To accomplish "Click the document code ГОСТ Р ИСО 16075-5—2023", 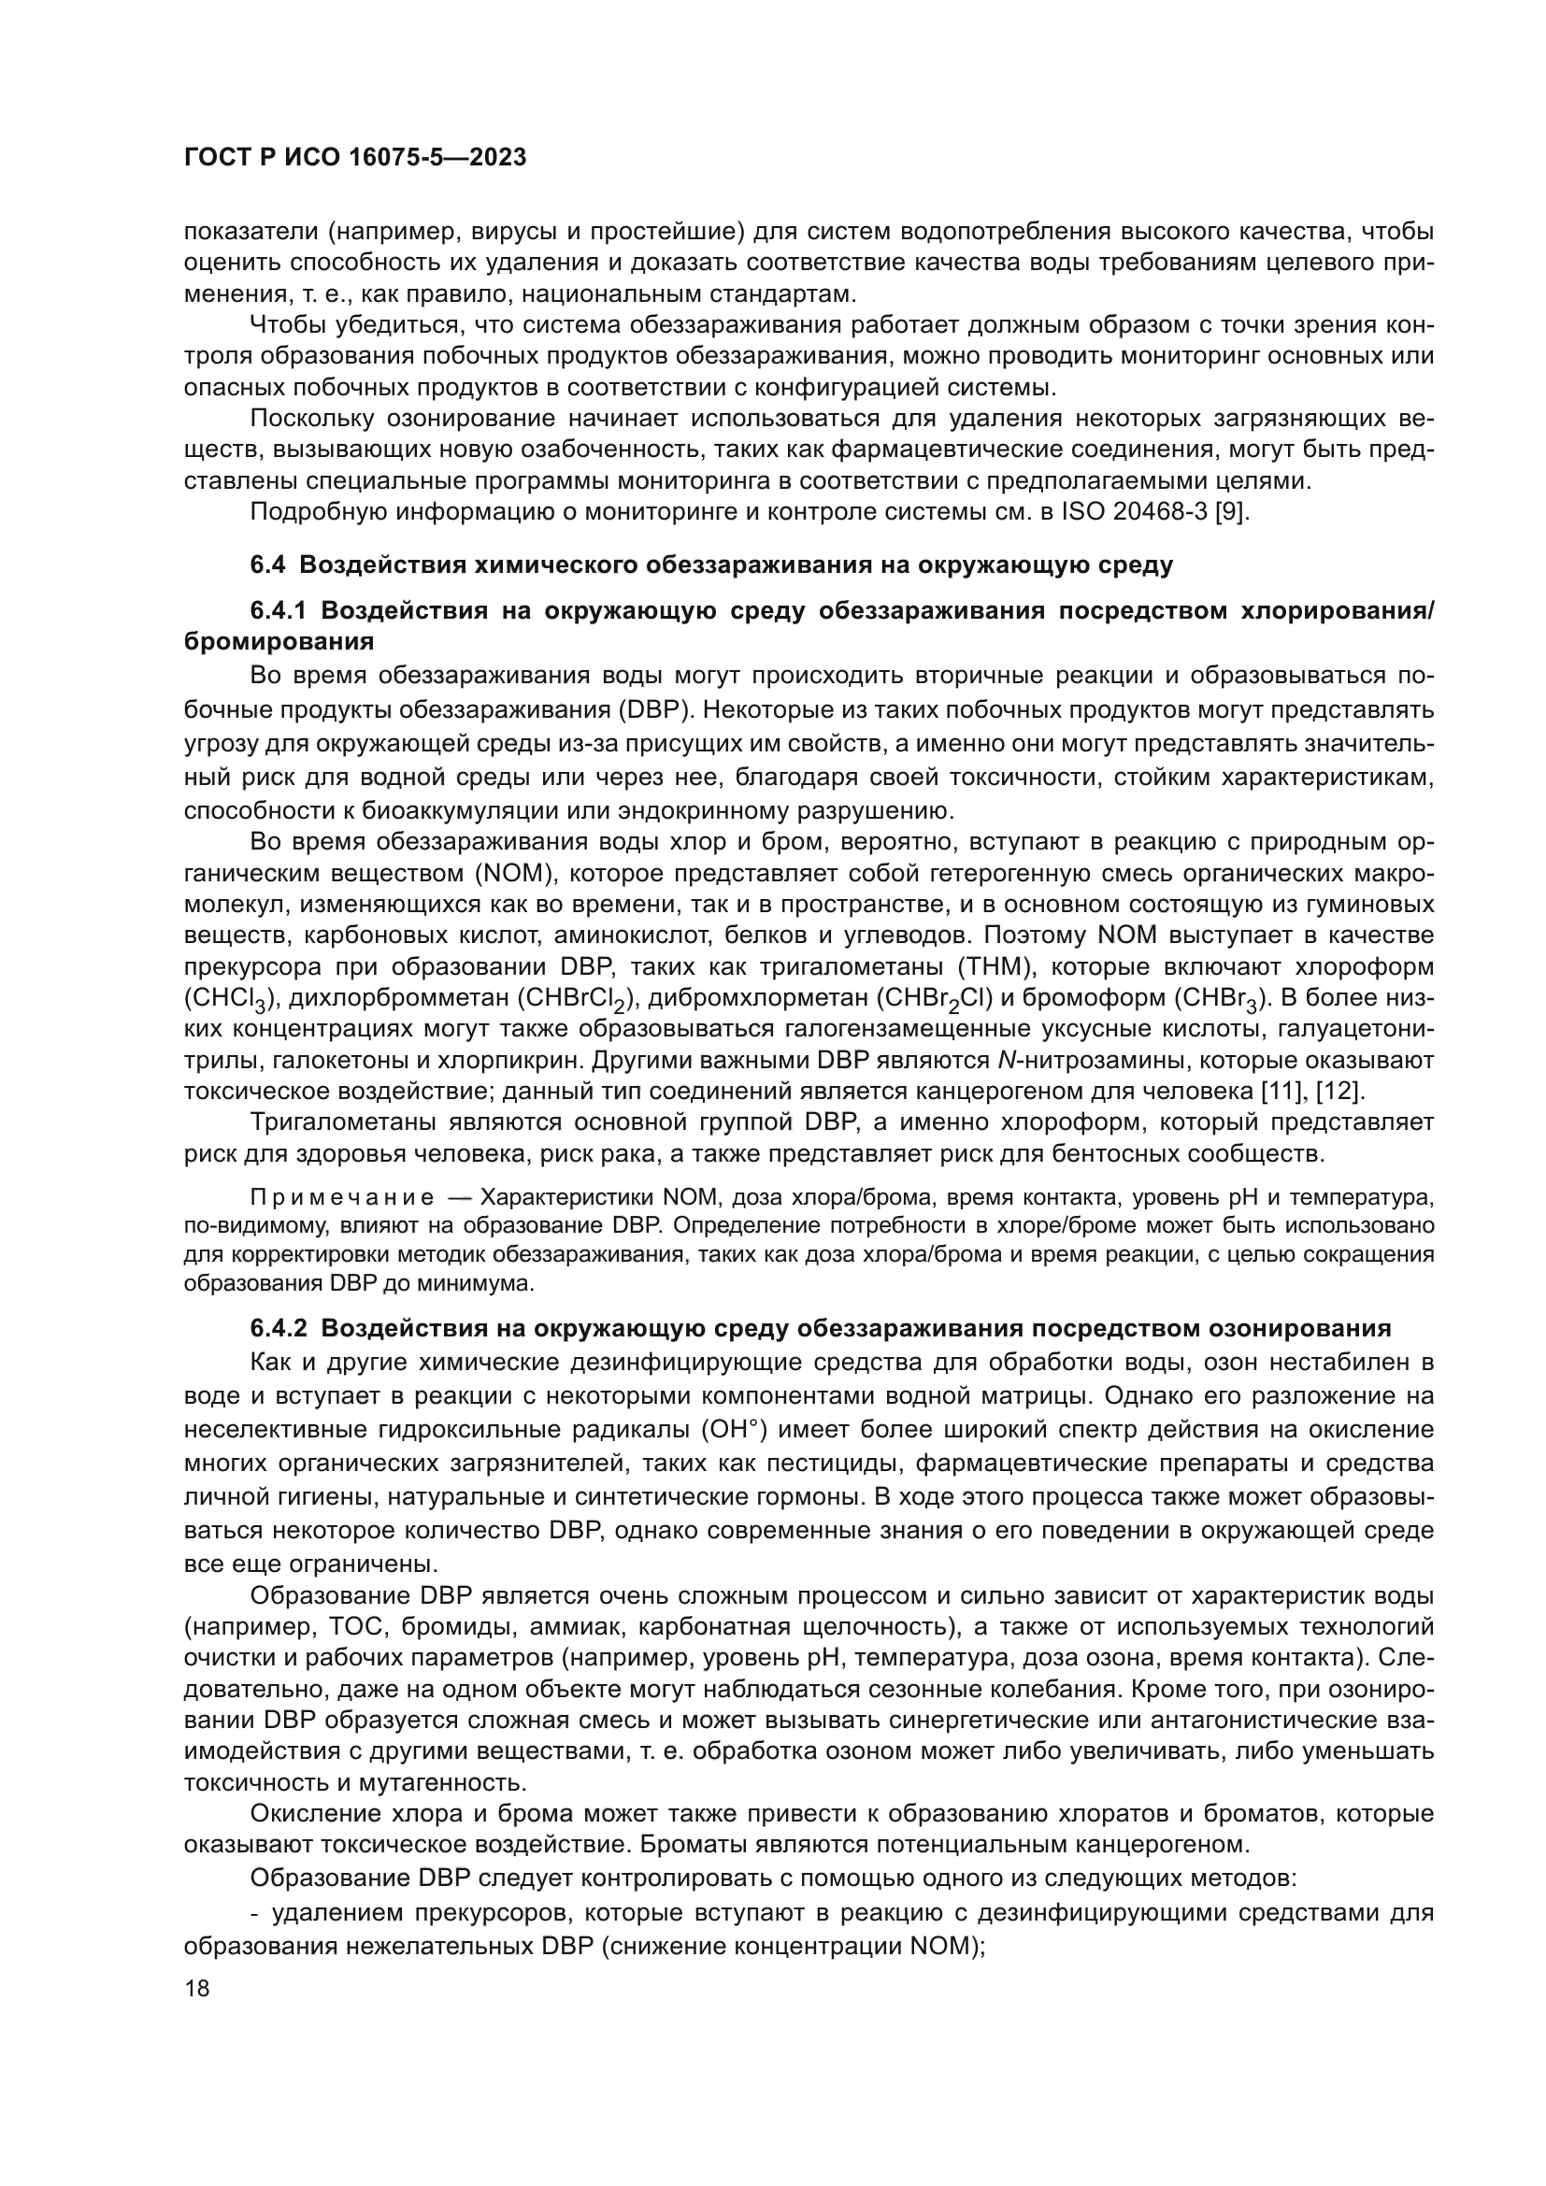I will point(354,158).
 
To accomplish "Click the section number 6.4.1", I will point(281,610).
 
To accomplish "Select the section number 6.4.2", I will point(281,1328).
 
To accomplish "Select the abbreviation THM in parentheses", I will point(992,966).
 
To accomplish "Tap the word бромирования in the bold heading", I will point(278,642).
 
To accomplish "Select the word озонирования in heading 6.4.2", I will point(1299,1328).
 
